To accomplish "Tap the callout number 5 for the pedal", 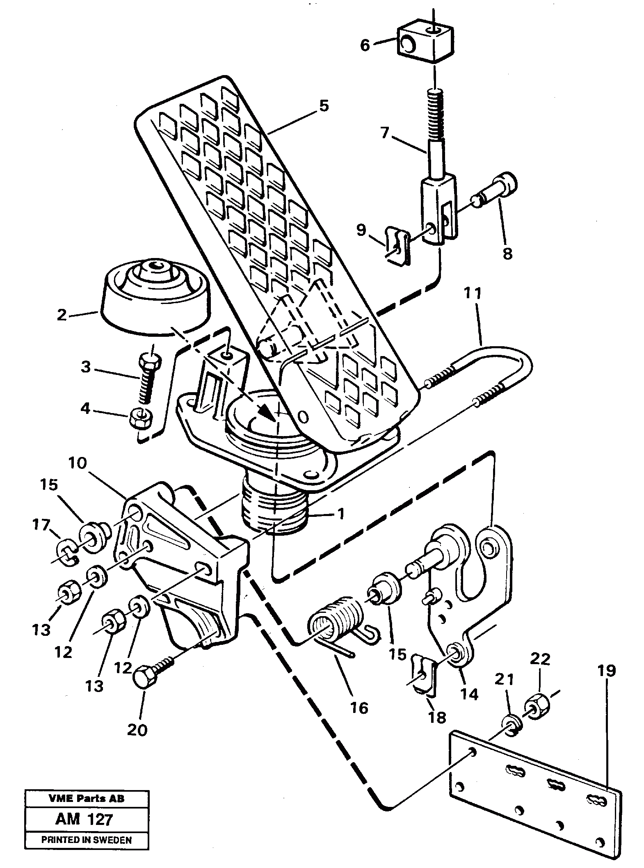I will point(324,106).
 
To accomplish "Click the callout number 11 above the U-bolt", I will point(472,294).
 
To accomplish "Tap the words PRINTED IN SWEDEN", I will point(86,849).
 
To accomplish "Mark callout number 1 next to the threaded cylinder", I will point(339,514).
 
